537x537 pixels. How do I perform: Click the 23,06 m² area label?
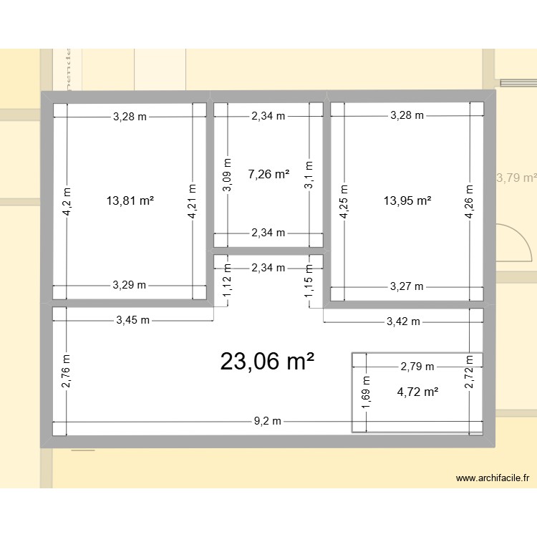point(268,362)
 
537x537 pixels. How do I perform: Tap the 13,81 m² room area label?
point(130,200)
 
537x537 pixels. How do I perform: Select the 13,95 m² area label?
point(407,200)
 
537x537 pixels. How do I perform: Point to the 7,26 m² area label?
point(268,173)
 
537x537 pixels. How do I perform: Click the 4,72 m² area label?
point(417,391)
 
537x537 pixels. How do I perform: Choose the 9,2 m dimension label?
point(268,421)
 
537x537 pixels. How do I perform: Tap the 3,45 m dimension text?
point(133,321)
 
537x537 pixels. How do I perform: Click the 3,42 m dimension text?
point(403,321)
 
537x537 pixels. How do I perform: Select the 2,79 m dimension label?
point(417,367)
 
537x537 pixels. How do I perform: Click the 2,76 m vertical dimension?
point(66,372)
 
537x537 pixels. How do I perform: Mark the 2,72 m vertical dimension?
point(469,372)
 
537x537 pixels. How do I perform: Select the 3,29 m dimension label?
point(130,285)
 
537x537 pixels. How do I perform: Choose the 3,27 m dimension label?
point(407,286)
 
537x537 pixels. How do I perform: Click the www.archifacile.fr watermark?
point(492,478)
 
